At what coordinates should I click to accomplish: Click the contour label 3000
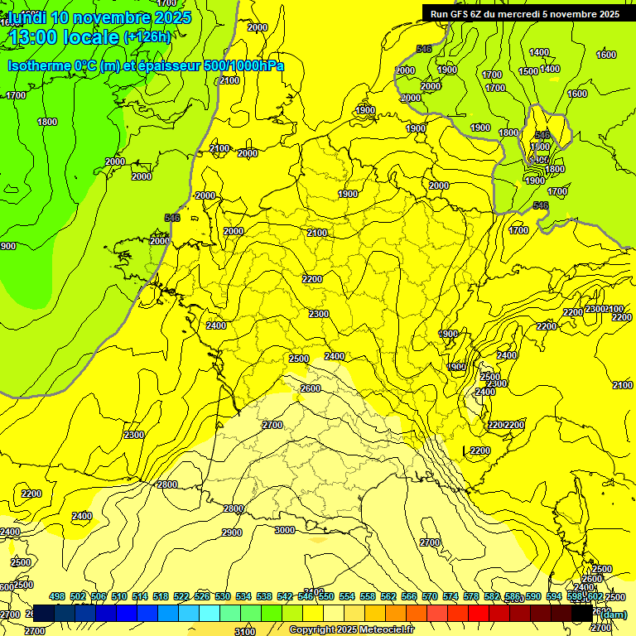click(284, 530)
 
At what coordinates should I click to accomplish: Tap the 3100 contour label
click(245, 632)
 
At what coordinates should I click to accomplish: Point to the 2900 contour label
click(232, 532)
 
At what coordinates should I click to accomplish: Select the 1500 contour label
click(529, 71)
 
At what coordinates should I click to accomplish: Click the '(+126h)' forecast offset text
click(147, 36)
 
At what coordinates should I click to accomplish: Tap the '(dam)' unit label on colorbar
click(613, 614)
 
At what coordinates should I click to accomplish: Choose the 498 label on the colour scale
click(57, 596)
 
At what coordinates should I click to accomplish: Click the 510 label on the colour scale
click(119, 596)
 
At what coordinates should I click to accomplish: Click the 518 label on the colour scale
click(161, 596)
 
